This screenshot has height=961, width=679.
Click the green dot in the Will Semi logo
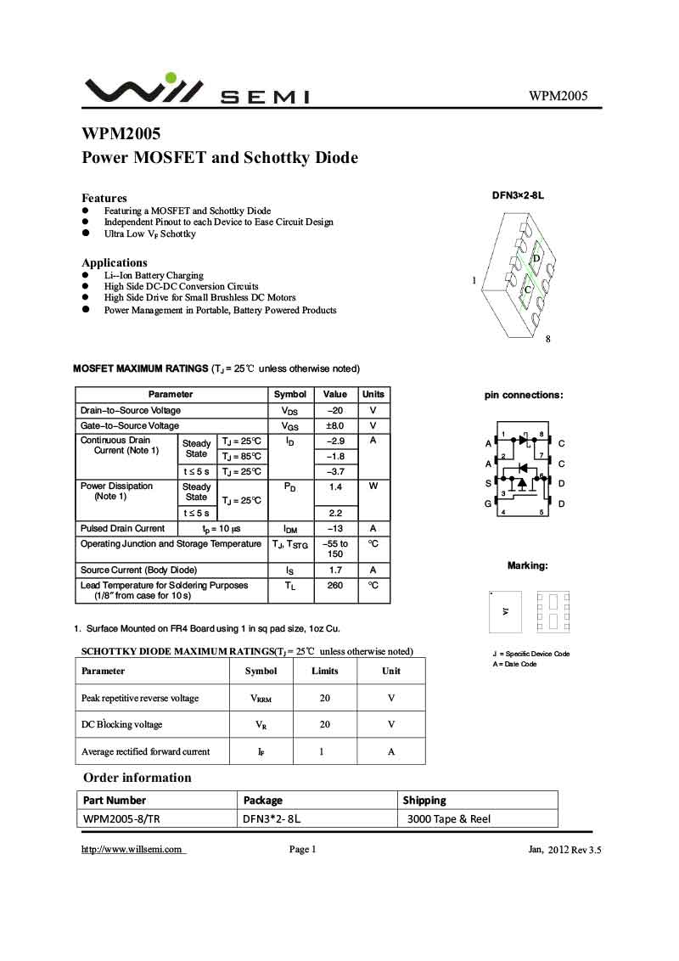click(x=171, y=79)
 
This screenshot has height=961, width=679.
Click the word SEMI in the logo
click(x=265, y=98)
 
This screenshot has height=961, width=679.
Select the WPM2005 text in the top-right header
click(x=558, y=96)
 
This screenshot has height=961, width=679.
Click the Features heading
click(x=104, y=198)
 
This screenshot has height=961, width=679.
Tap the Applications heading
click(x=115, y=262)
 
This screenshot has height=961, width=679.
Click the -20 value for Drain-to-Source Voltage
click(x=335, y=410)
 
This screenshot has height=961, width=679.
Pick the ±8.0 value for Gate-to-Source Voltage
click(x=335, y=425)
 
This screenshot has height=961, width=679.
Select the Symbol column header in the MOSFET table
click(x=290, y=394)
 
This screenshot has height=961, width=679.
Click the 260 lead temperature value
click(x=335, y=585)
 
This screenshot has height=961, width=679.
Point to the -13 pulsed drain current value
click(x=335, y=528)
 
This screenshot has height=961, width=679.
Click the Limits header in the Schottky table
click(x=325, y=671)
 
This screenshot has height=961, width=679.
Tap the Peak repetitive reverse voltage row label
click(x=140, y=698)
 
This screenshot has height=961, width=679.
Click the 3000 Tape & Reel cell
click(x=449, y=819)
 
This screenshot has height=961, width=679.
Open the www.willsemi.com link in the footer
click(x=132, y=850)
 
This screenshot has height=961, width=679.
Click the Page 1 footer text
click(x=302, y=850)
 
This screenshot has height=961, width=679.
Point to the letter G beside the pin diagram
click(x=488, y=503)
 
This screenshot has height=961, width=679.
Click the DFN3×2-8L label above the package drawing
click(x=518, y=195)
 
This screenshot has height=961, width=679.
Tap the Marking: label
click(x=527, y=565)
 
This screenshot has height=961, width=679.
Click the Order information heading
click(x=137, y=778)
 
